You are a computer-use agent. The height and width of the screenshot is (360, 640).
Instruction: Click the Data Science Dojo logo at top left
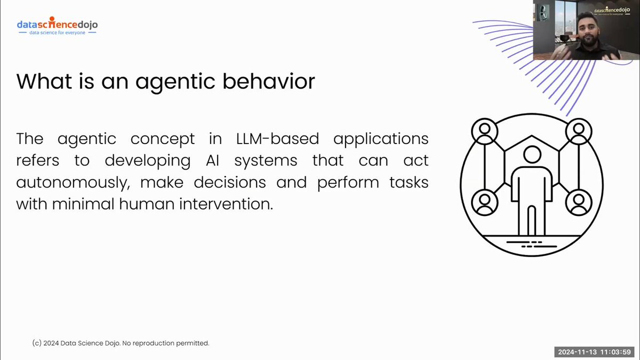[57, 25]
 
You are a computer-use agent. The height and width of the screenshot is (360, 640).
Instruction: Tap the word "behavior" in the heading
[271, 82]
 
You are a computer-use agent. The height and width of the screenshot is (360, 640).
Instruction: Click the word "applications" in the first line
[380, 139]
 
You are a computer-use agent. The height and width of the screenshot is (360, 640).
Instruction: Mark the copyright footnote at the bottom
[120, 343]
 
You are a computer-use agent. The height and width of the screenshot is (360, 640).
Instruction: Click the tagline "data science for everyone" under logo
[57, 33]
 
